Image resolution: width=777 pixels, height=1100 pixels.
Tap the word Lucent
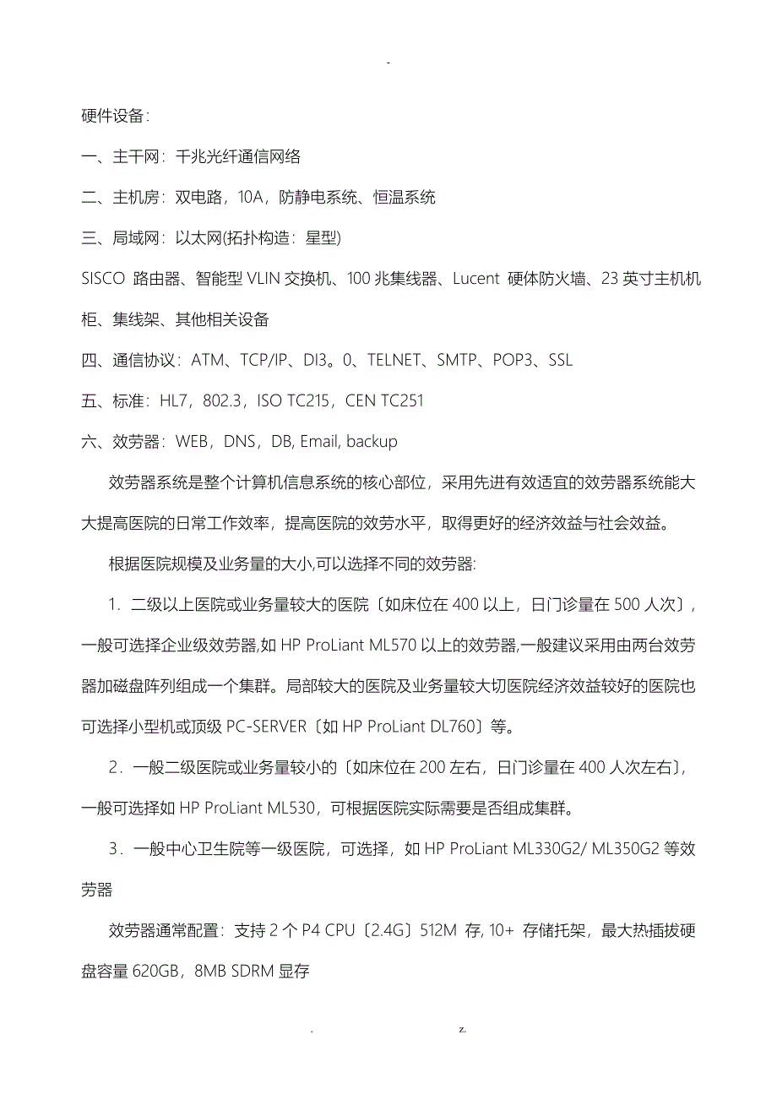(475, 279)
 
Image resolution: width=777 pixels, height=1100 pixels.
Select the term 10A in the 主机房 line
(251, 198)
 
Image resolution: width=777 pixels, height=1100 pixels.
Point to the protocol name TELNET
(394, 360)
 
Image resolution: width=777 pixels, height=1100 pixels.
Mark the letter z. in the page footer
(463, 1030)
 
